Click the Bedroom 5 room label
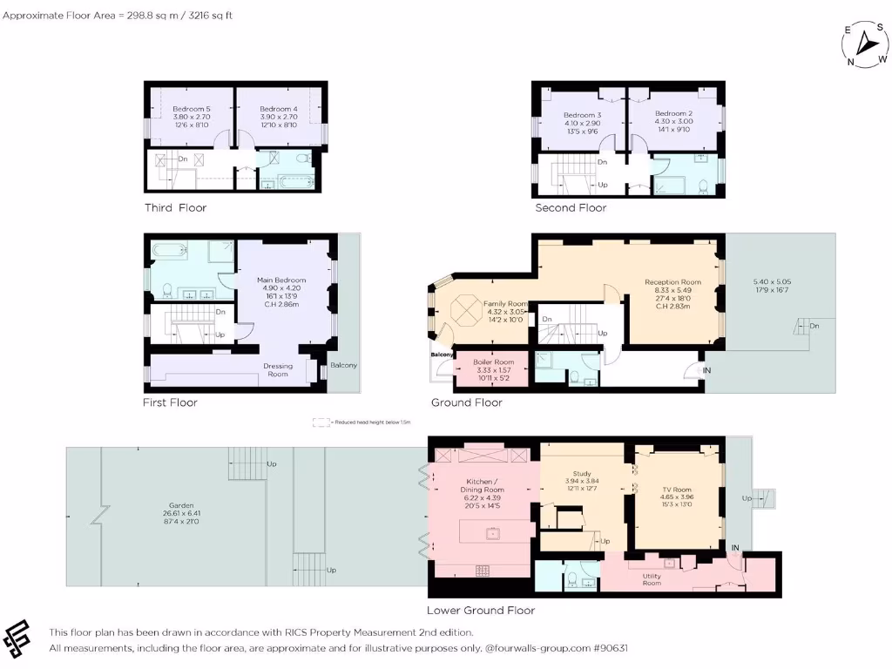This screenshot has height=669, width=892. [x=192, y=109]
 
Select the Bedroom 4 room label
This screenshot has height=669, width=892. [x=279, y=109]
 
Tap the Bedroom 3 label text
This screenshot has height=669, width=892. [x=582, y=115]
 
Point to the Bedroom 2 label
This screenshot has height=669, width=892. [x=673, y=114]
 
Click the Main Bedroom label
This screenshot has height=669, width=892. [x=281, y=280]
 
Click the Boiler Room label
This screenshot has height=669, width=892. [x=494, y=362]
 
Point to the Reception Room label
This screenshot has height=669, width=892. [x=672, y=282]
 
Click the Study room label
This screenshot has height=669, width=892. [x=582, y=474]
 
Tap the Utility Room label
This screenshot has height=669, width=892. [x=652, y=579]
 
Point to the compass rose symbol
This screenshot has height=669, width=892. [x=865, y=43]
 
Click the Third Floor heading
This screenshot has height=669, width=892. [x=175, y=208]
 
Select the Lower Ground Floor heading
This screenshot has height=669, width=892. [x=480, y=611]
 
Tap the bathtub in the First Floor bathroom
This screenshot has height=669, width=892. [x=169, y=249]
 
